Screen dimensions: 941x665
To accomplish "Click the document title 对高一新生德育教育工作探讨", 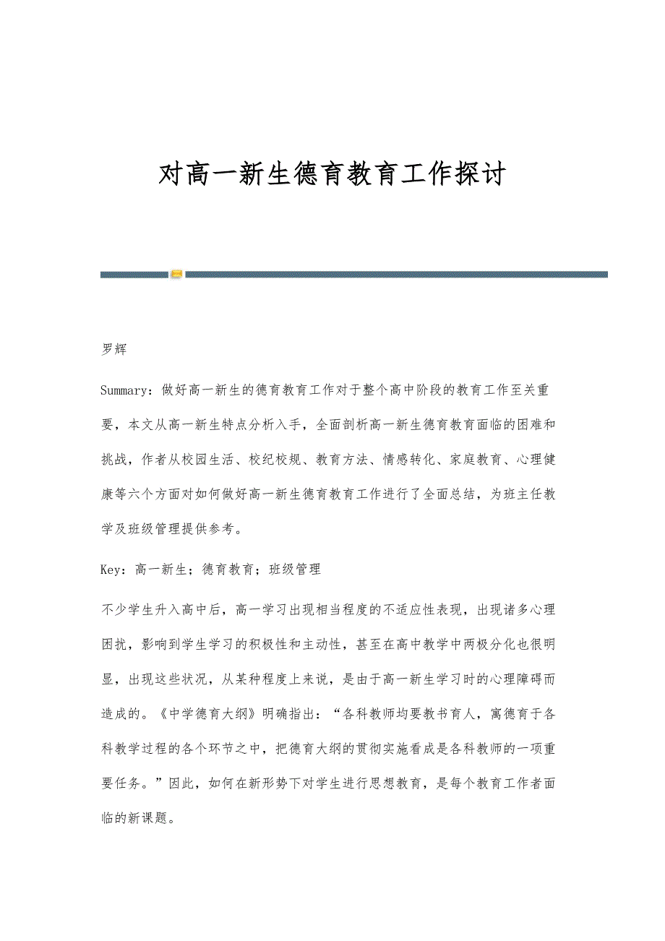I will coord(332,175).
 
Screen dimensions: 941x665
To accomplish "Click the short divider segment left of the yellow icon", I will coord(134,275).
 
